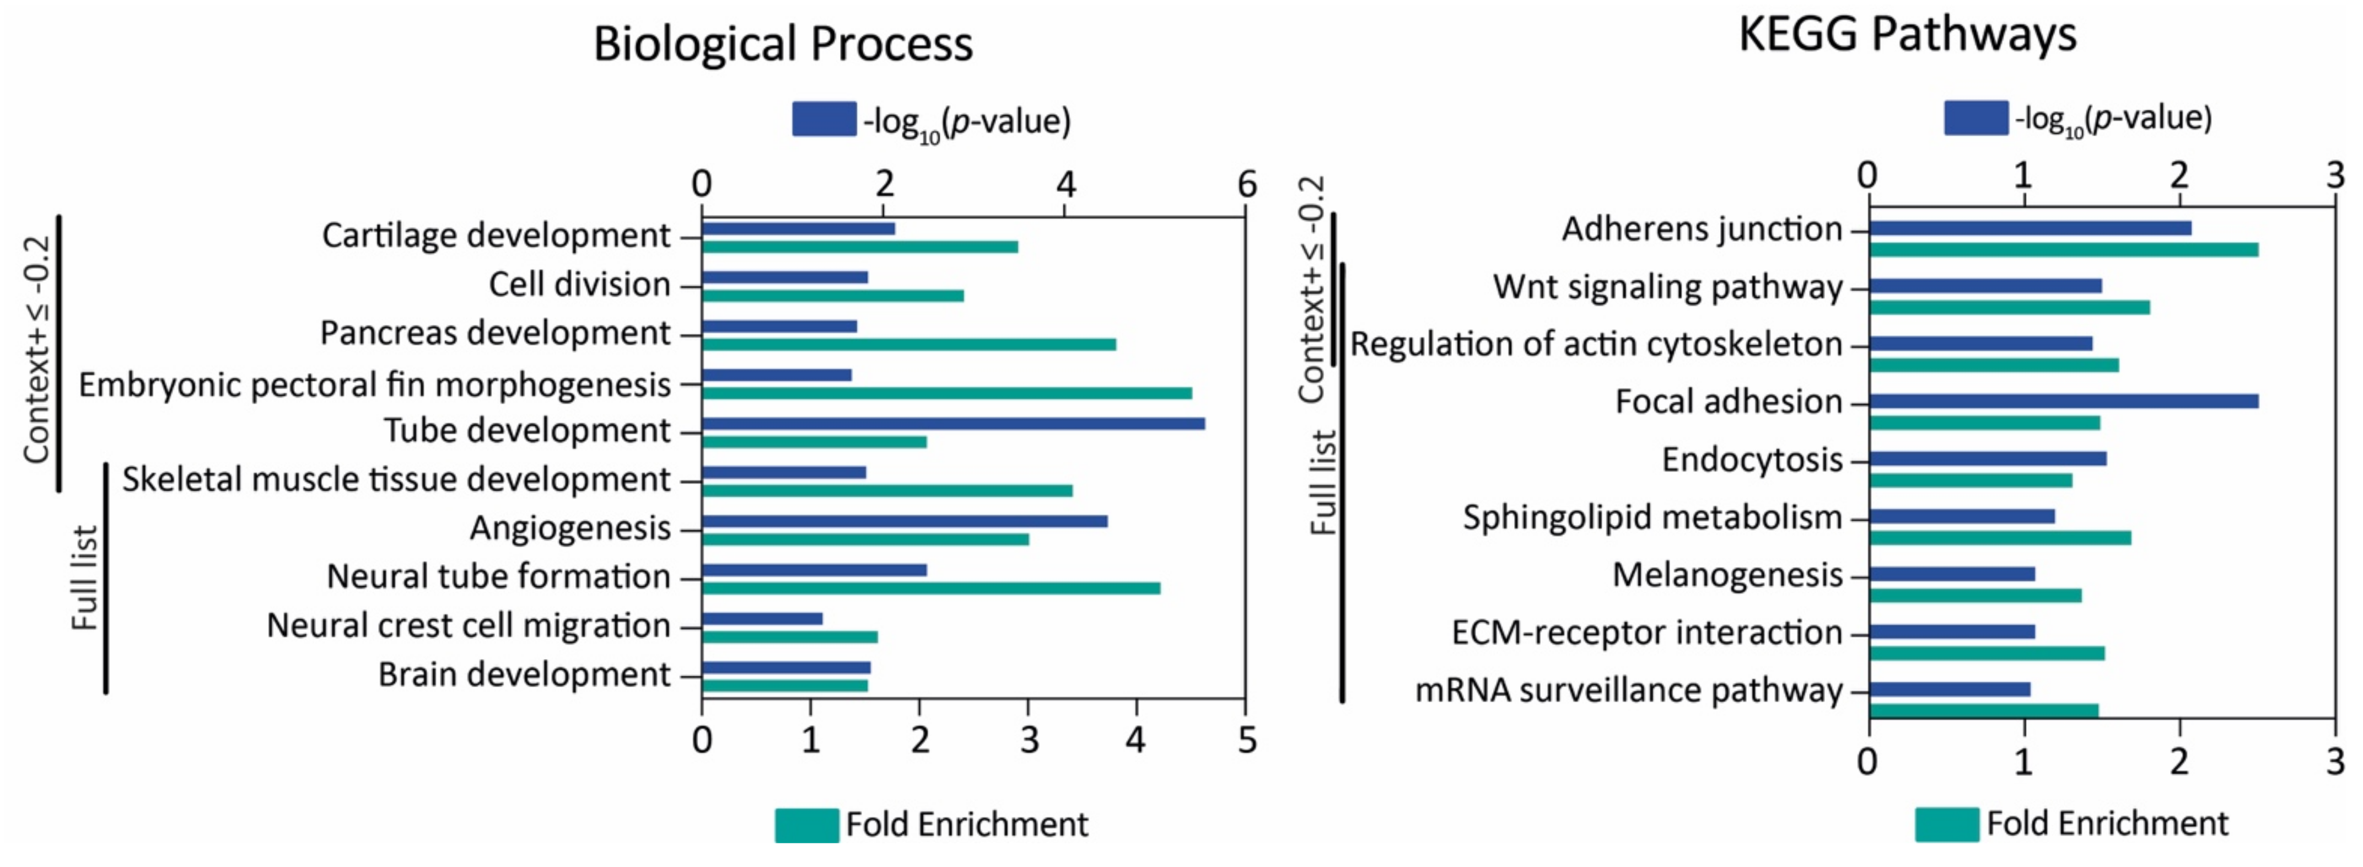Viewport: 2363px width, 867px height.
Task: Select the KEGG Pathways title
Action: (1907, 34)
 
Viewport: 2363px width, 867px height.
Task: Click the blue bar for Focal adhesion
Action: (2063, 401)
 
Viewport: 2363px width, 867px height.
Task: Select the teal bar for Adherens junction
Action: (2063, 249)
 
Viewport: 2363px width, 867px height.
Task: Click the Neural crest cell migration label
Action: (468, 626)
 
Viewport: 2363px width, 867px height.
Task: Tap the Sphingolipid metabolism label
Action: (1652, 517)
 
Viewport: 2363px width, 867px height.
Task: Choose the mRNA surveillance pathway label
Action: (1628, 690)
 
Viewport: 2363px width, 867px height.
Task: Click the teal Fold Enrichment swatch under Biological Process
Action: (806, 825)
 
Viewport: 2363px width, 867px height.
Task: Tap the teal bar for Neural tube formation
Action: (931, 588)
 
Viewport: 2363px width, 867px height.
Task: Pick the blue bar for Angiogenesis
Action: (905, 521)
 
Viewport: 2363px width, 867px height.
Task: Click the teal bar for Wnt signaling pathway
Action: (2009, 307)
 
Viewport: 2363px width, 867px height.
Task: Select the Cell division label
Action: (579, 285)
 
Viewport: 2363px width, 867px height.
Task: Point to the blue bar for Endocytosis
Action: (1987, 459)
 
